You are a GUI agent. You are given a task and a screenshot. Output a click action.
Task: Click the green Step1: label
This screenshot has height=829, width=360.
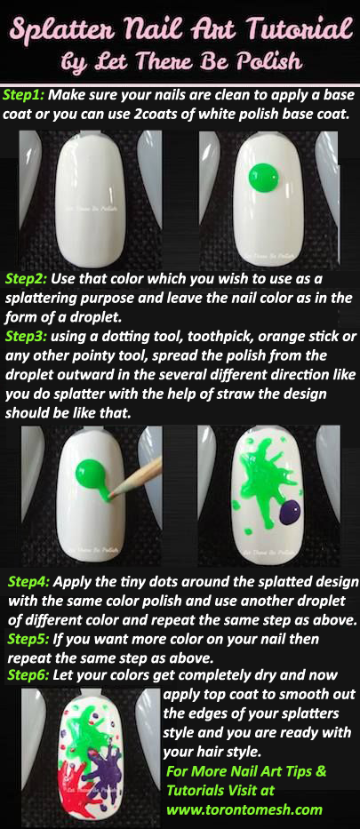pyautogui.click(x=24, y=97)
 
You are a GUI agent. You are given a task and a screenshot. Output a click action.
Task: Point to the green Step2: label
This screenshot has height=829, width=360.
pyautogui.click(x=27, y=279)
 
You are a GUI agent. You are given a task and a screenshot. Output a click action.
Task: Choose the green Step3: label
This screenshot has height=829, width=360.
pyautogui.click(x=27, y=337)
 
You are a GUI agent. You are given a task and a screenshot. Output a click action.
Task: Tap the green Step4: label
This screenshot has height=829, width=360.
pyautogui.click(x=29, y=582)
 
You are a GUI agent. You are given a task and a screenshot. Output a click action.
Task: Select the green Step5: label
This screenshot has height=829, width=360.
pyautogui.click(x=29, y=639)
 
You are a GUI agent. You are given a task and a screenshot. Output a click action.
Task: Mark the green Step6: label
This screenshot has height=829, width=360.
pyautogui.click(x=29, y=675)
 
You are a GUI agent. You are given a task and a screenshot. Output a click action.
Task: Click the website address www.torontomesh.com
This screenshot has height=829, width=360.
pyautogui.click(x=244, y=809)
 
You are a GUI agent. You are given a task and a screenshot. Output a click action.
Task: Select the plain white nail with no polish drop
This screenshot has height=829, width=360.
pyautogui.click(x=91, y=199)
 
